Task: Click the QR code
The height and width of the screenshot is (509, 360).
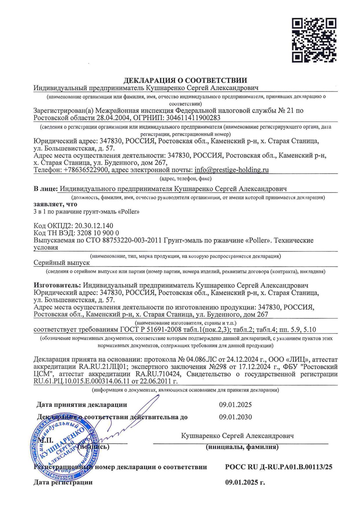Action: [x=314, y=40]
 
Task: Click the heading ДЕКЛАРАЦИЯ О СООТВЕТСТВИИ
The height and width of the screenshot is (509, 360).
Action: [x=186, y=80]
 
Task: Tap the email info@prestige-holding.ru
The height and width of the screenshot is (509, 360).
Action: [x=231, y=170]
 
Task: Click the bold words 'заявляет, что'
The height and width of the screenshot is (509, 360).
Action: [x=55, y=204]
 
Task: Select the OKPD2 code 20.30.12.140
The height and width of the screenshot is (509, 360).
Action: [x=94, y=226]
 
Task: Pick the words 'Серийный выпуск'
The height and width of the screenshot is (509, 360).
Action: [x=62, y=263]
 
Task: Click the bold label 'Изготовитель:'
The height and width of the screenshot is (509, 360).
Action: [x=57, y=285]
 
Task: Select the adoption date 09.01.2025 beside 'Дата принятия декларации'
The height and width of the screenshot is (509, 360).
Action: [x=235, y=405]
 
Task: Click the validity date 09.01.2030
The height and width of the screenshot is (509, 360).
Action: [x=235, y=417]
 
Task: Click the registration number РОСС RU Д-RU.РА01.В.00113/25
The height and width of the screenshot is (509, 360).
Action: [x=279, y=467]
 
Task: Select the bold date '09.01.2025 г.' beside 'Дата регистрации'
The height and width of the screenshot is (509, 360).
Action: [x=245, y=483]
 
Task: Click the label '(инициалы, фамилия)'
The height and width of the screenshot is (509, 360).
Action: [x=242, y=447]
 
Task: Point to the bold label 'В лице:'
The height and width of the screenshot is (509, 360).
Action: [x=45, y=189]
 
